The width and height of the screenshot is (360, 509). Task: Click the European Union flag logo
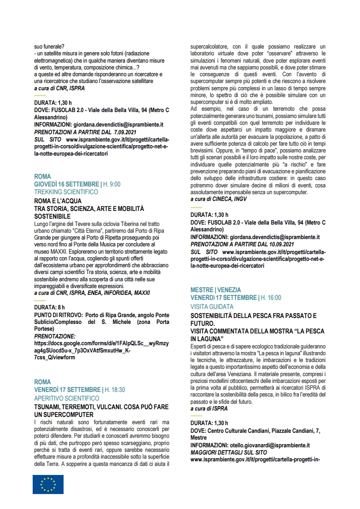click(x=48, y=484)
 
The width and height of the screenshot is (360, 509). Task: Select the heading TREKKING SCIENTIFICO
click(x=66, y=192)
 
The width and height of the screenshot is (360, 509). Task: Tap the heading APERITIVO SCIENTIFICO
click(x=67, y=398)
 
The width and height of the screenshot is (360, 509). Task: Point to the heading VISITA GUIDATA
click(x=212, y=307)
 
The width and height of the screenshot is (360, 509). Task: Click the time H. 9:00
click(x=112, y=184)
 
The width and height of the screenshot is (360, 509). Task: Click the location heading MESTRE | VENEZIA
click(x=216, y=290)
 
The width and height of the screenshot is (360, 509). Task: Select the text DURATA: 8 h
click(x=49, y=308)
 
